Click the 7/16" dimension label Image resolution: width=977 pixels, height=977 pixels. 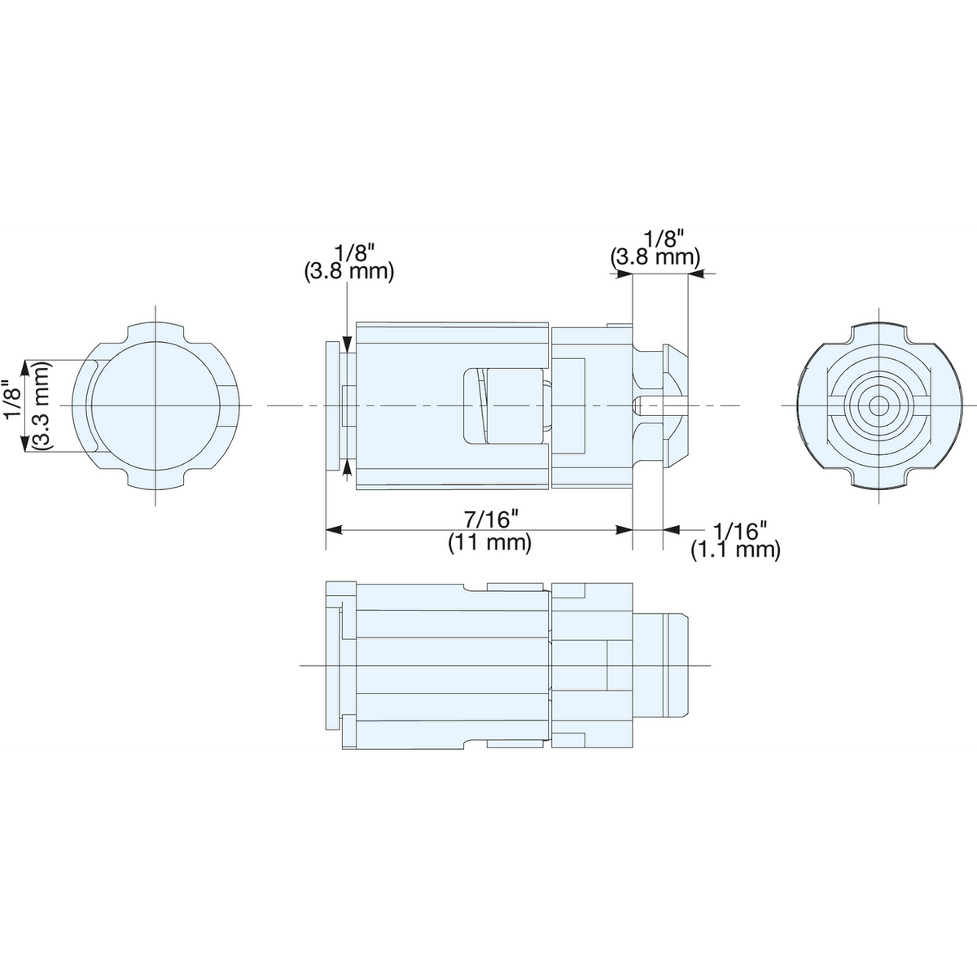[490, 519]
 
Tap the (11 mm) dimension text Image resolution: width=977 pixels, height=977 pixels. [490, 543]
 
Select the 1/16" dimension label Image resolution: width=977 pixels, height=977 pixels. [739, 531]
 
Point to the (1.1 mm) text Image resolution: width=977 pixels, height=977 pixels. [735, 550]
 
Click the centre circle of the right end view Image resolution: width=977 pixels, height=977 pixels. [878, 405]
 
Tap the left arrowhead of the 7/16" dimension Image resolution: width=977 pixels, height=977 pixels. [334, 530]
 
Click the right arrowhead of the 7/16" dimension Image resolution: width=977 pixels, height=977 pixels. [624, 530]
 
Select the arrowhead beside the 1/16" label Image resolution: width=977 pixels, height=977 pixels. [672, 530]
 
